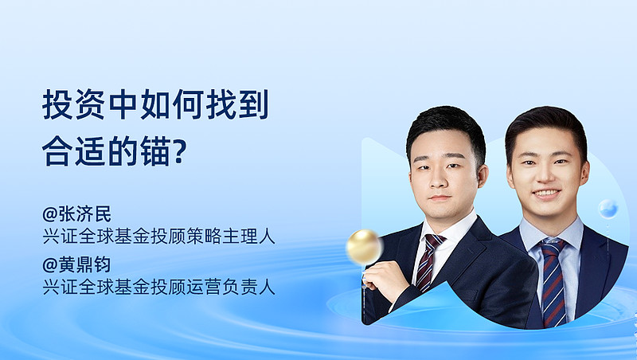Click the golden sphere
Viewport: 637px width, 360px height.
tap(365, 247)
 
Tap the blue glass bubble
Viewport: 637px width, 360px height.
tap(608, 209)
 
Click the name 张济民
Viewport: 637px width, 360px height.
tap(85, 214)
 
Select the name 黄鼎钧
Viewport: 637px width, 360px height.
tap(85, 265)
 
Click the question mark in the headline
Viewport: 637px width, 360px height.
tap(180, 151)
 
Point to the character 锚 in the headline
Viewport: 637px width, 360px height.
tap(155, 151)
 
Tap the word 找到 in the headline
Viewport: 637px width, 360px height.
tap(237, 104)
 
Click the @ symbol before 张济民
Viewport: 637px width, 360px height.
tap(50, 214)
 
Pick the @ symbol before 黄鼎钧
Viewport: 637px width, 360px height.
tap(50, 265)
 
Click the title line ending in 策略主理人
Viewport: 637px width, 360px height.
tap(158, 237)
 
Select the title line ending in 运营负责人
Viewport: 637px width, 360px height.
tap(158, 288)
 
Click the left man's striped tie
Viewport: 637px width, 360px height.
tap(428, 263)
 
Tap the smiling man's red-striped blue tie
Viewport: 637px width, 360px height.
tap(553, 282)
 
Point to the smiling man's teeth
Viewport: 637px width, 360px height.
tap(546, 193)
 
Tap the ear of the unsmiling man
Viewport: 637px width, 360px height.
tap(483, 176)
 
